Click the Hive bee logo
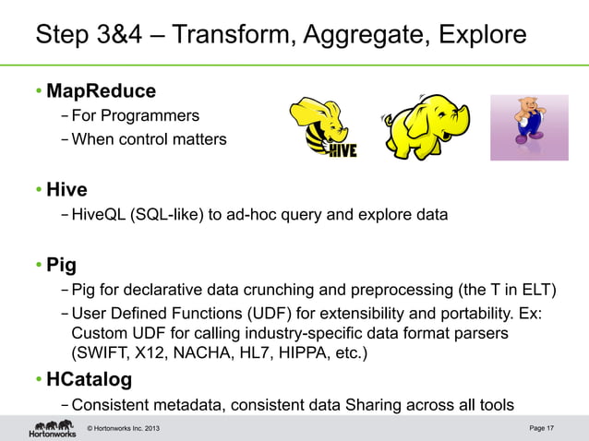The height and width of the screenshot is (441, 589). point(322,127)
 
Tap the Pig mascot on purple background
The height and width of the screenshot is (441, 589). point(535,126)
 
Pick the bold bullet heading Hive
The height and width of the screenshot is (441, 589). point(66,190)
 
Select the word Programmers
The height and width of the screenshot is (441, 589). point(150,116)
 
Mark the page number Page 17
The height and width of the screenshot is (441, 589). point(542,427)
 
